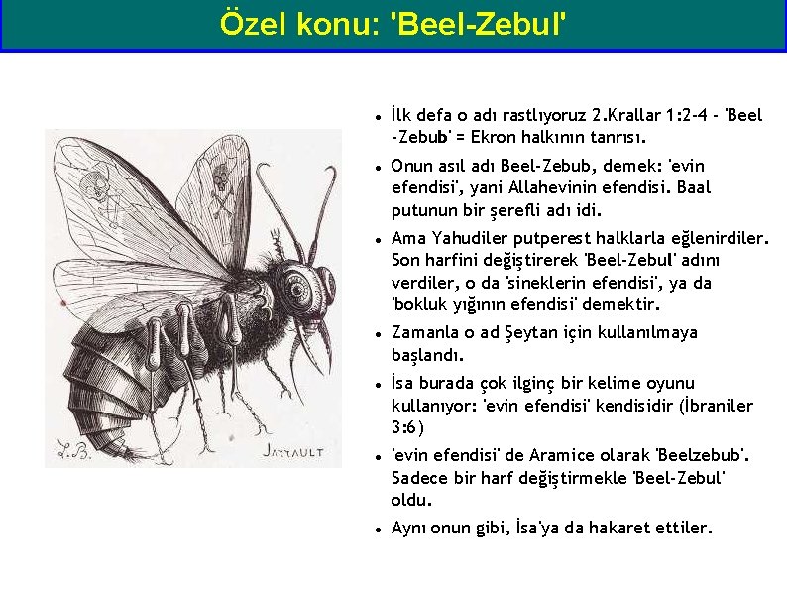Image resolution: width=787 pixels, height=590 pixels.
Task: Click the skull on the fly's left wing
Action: point(96,183)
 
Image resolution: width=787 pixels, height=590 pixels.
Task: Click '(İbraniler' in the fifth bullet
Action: point(713,406)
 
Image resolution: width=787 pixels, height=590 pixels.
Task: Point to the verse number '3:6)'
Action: point(407,428)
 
